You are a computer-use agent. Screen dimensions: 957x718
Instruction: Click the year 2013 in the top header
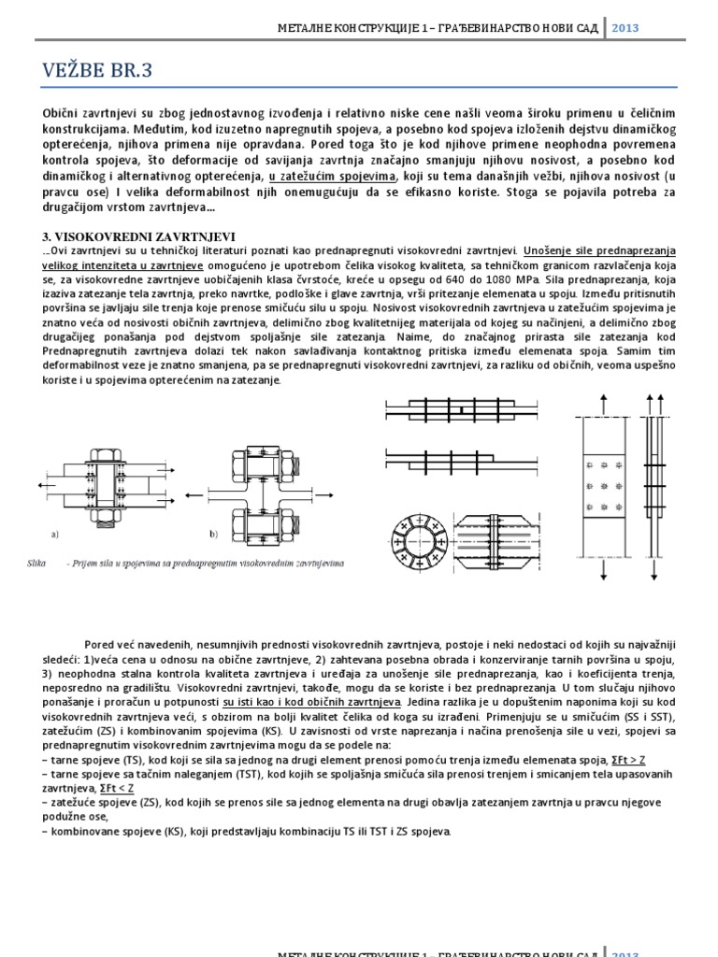pyautogui.click(x=627, y=28)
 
